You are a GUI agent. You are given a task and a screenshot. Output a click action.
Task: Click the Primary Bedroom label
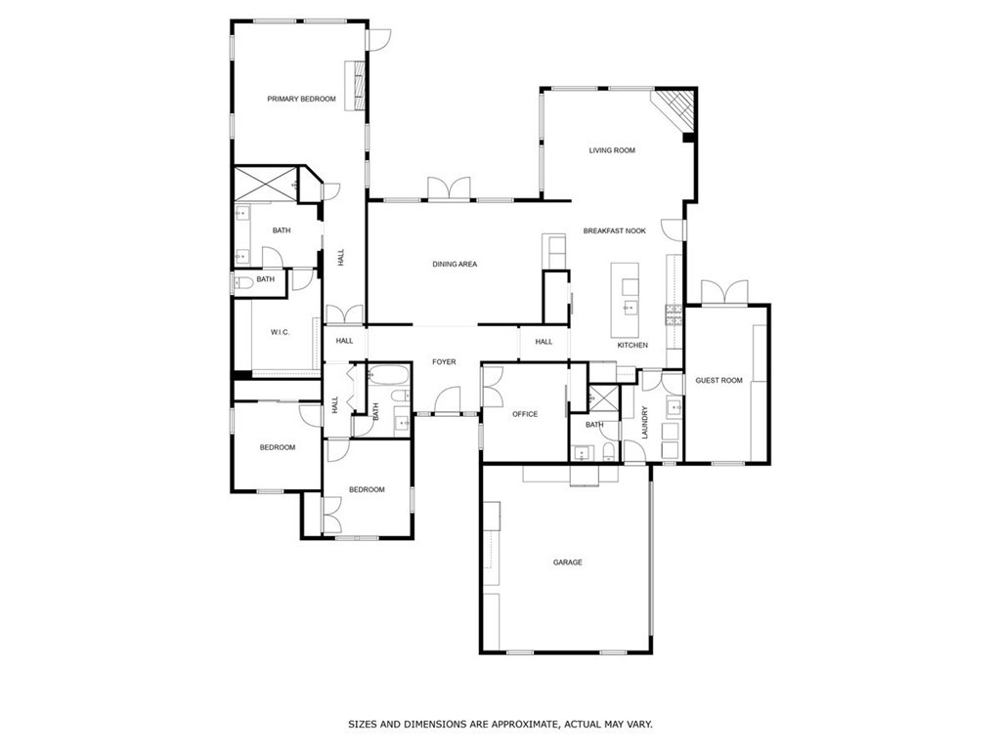tap(301, 99)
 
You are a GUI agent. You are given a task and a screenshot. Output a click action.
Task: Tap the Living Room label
tap(612, 150)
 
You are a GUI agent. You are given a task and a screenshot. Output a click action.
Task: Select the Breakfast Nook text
tap(615, 230)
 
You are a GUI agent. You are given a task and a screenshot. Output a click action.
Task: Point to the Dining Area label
tap(455, 265)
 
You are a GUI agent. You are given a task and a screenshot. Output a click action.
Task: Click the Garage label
tap(567, 562)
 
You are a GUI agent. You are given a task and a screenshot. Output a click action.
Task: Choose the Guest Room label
tap(718, 380)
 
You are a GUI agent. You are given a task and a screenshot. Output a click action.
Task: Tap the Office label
tap(525, 414)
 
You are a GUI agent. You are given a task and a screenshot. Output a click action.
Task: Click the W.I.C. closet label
tap(281, 333)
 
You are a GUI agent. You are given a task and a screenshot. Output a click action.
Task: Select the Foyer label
tap(444, 362)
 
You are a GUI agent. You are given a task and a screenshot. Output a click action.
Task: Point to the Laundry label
tap(645, 422)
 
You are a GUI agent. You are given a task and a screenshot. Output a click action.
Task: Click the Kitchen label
tap(632, 346)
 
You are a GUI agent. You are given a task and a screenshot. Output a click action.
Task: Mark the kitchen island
tap(626, 299)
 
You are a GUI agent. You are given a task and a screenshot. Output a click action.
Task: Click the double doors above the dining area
tap(449, 188)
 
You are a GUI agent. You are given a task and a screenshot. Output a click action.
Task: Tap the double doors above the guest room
tap(724, 292)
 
